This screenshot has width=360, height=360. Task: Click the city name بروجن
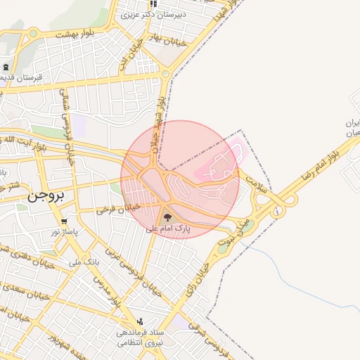[x=46, y=198]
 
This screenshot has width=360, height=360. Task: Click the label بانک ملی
[x=84, y=262]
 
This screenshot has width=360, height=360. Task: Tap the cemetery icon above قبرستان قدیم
[x=6, y=67]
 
